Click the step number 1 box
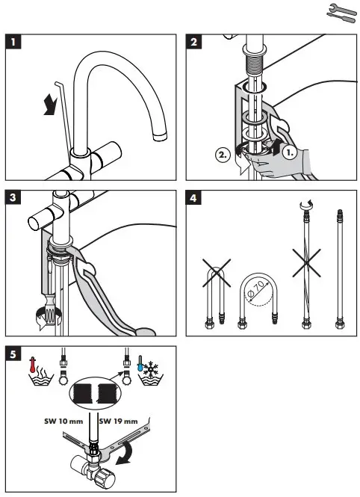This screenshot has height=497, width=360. tap(13, 41)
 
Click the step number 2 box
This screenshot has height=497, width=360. tap(195, 41)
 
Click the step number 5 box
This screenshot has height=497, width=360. tap(13, 353)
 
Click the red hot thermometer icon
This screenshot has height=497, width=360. tap(32, 365)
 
